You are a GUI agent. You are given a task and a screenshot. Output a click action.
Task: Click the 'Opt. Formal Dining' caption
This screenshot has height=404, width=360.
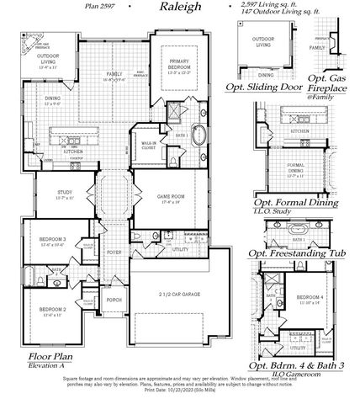click(x=296, y=203)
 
